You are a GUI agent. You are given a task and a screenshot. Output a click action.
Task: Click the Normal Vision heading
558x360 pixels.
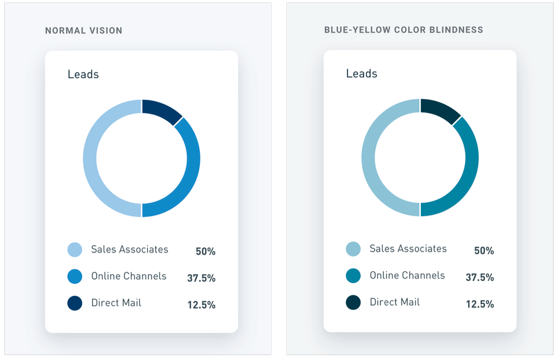tap(83, 30)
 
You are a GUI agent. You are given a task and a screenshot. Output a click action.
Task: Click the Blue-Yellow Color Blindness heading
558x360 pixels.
tap(403, 30)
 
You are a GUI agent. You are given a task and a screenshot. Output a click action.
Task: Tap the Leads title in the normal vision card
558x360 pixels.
tap(83, 74)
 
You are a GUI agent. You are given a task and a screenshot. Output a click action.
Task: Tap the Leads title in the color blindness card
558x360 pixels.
tap(361, 74)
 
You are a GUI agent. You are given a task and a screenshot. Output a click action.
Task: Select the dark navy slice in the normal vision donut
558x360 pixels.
tap(160, 110)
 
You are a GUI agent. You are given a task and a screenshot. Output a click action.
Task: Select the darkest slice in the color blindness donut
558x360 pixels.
tap(438, 110)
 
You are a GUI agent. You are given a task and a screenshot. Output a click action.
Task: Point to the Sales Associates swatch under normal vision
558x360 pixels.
tap(75, 249)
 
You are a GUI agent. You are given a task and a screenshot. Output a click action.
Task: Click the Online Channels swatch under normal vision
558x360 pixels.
tap(75, 277)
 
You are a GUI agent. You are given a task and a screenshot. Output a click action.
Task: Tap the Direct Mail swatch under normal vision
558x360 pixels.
tap(75, 303)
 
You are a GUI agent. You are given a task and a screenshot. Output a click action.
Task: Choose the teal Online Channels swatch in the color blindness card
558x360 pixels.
tap(353, 276)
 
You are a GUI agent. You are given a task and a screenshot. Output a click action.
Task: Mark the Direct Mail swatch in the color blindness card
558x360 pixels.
tap(353, 303)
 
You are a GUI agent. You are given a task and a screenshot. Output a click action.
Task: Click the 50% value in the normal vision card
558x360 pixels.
tap(205, 251)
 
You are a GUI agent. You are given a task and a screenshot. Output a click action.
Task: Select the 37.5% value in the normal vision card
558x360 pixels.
tap(201, 278)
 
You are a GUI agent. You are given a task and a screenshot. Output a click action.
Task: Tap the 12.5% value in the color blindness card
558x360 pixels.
tap(479, 304)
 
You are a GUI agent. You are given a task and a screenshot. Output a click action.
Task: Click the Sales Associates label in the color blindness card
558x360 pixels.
tap(408, 249)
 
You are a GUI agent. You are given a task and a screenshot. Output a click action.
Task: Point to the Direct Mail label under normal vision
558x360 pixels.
tap(116, 303)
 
